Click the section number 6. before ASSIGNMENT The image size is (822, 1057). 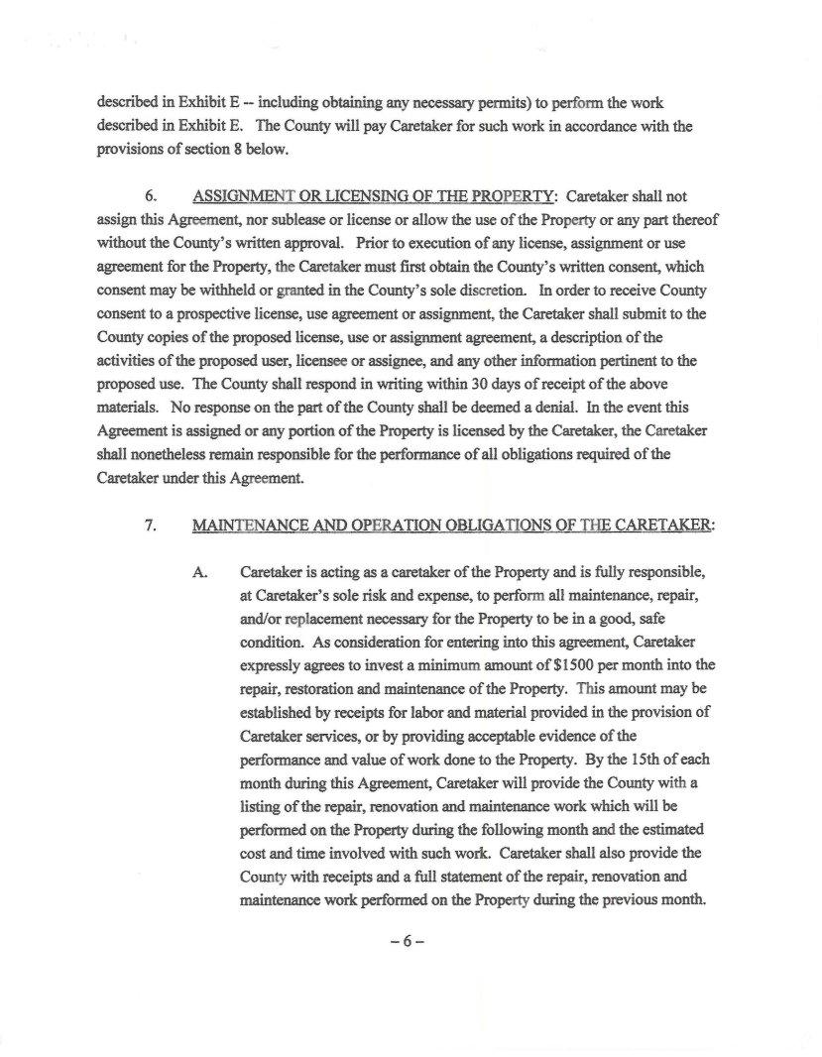[154, 196]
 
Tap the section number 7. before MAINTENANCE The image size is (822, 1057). [154, 527]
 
